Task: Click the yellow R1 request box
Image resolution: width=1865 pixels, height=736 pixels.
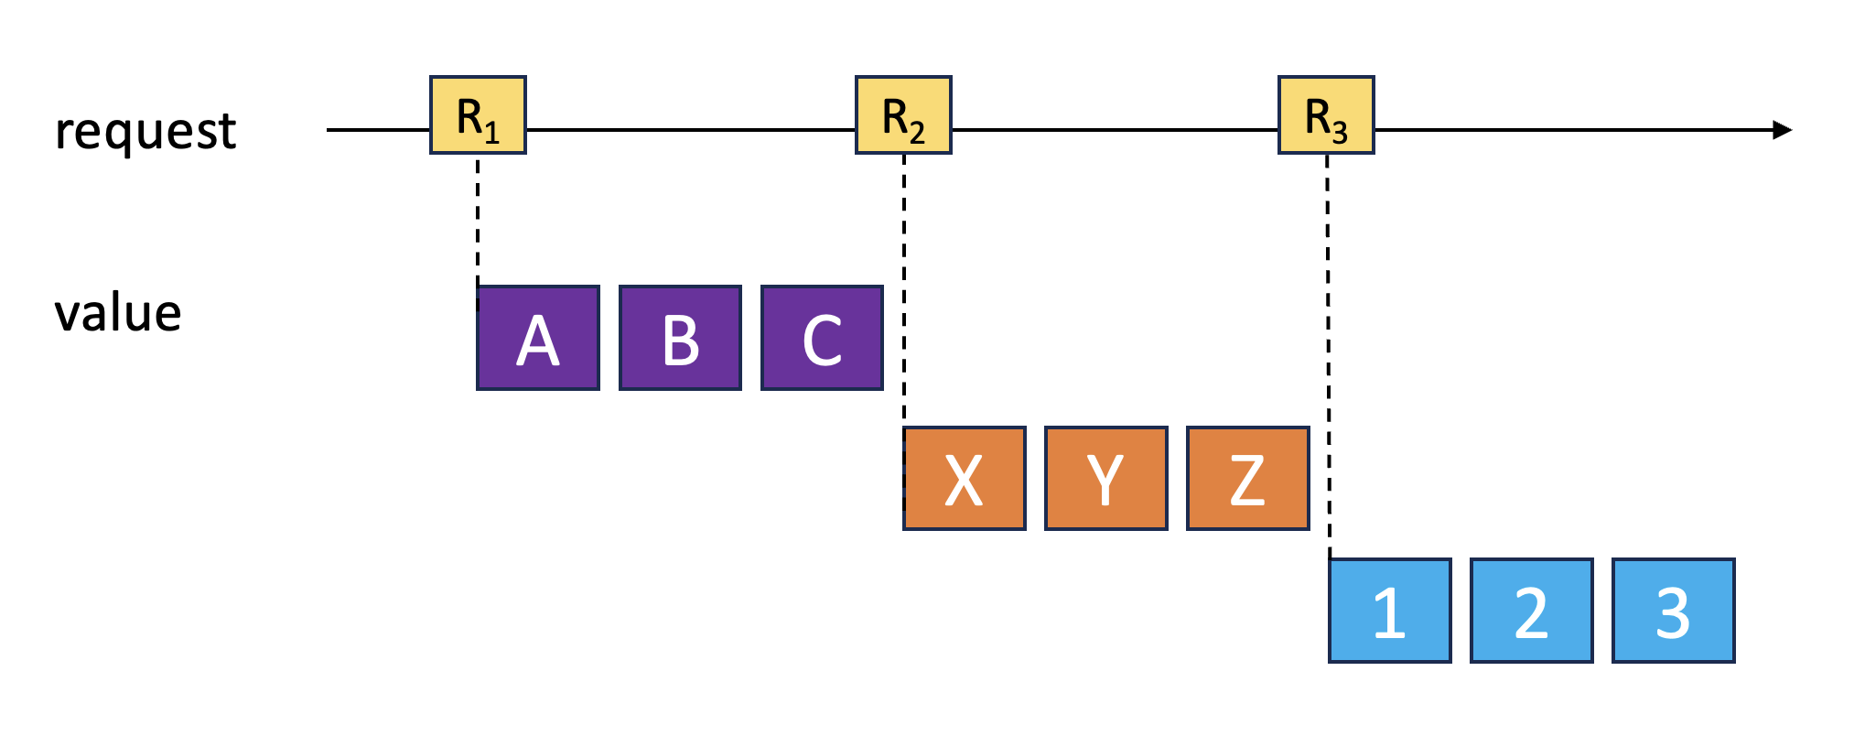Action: (478, 115)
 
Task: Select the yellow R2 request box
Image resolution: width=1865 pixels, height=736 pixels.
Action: (903, 115)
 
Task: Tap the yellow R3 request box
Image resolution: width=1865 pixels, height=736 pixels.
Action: (1326, 115)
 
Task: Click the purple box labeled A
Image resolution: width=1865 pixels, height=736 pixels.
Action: (538, 339)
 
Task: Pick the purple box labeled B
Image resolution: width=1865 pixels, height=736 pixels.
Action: (680, 339)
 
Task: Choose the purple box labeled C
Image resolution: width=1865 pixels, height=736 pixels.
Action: (822, 339)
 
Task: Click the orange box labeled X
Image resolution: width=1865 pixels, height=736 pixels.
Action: (964, 479)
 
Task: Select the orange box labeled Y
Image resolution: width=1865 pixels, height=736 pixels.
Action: (1105, 479)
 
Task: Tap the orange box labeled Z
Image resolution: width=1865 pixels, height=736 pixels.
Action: (1247, 479)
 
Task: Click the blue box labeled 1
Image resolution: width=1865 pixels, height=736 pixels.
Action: (1389, 611)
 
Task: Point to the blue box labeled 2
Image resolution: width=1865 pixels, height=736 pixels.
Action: (1531, 611)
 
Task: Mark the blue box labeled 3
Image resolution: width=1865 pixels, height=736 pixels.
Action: (1673, 611)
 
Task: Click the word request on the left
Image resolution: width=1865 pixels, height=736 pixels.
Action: (146, 131)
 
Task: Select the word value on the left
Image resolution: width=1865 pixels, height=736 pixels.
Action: (118, 313)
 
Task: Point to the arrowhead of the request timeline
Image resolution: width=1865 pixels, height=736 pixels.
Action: (1782, 130)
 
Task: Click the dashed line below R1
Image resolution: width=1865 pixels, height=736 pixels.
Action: (478, 220)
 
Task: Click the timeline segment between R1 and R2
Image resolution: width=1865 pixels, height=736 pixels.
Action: (691, 130)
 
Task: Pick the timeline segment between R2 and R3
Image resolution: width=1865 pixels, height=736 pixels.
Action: (1115, 130)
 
